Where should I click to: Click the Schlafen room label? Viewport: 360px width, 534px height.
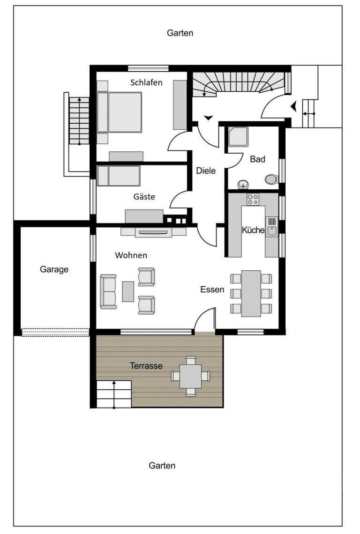(146, 82)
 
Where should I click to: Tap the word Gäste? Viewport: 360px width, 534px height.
(144, 197)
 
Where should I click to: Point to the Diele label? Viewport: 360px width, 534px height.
(206, 171)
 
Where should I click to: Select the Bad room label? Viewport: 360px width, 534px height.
(257, 159)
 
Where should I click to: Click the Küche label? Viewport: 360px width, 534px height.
(253, 230)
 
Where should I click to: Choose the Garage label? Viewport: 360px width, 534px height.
(54, 269)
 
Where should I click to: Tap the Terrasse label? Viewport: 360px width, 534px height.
(146, 366)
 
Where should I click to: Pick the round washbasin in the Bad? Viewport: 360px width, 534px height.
(243, 184)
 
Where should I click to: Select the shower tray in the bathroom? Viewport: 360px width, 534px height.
(238, 137)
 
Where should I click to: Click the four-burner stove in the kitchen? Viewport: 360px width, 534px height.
(253, 199)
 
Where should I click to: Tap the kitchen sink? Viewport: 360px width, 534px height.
(272, 226)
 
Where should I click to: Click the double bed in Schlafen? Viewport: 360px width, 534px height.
(120, 112)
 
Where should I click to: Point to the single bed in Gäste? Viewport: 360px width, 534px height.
(118, 176)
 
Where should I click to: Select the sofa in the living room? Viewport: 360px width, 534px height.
(108, 291)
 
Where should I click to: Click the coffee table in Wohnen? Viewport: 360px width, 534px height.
(128, 291)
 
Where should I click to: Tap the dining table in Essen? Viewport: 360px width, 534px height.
(251, 294)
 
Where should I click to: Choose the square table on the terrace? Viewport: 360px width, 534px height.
(191, 376)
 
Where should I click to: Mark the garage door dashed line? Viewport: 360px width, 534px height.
(56, 333)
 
